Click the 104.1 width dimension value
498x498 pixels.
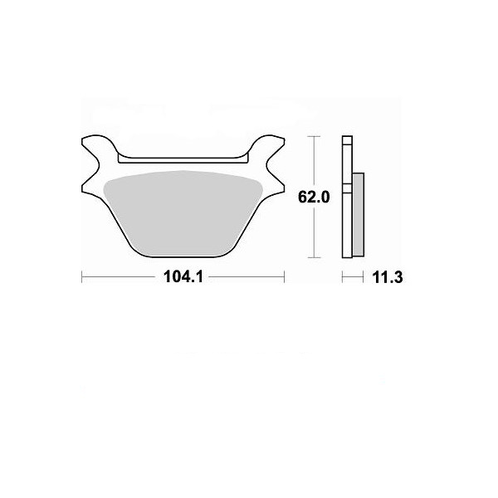tap(183, 277)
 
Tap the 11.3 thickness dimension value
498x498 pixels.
tap(387, 277)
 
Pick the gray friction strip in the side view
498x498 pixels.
tap(359, 215)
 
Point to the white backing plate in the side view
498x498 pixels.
tap(347, 197)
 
